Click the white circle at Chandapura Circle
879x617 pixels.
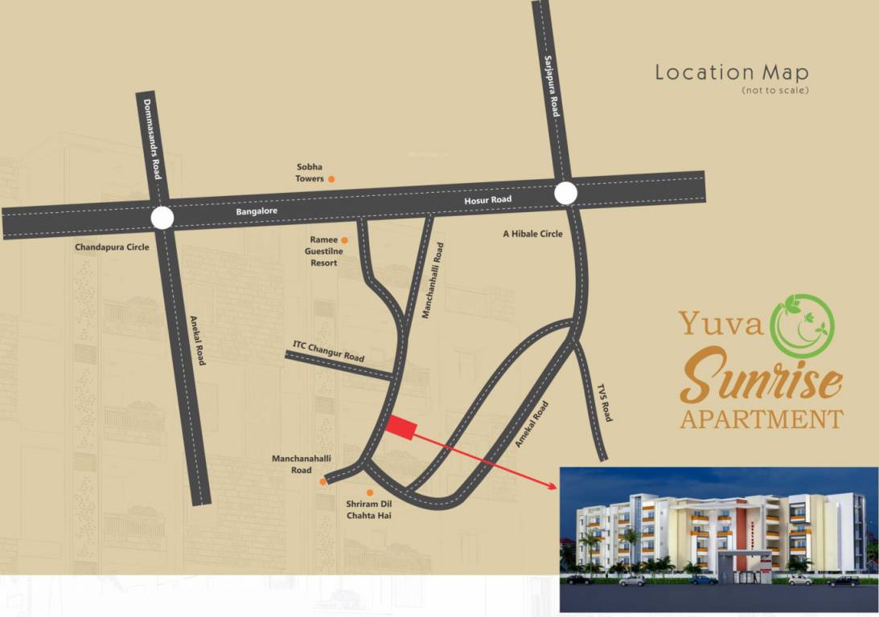click(x=162, y=218)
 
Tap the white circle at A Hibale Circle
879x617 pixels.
click(x=565, y=194)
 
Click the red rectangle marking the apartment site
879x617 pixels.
click(x=400, y=428)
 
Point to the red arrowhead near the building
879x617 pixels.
click(x=552, y=485)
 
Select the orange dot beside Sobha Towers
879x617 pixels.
click(x=331, y=179)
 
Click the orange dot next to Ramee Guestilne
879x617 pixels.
click(x=344, y=240)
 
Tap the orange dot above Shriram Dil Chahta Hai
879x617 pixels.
click(x=370, y=492)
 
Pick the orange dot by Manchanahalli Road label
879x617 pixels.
click(x=323, y=482)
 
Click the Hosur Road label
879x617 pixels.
click(x=488, y=199)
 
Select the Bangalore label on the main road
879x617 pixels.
click(x=257, y=211)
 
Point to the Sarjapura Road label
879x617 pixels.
click(x=550, y=87)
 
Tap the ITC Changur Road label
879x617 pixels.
click(x=328, y=352)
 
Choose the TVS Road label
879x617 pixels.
click(x=605, y=403)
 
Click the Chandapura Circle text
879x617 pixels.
click(x=112, y=247)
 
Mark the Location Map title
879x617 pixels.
click(x=732, y=72)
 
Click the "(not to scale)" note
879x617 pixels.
click(x=775, y=91)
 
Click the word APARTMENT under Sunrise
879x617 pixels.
click(x=761, y=419)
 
